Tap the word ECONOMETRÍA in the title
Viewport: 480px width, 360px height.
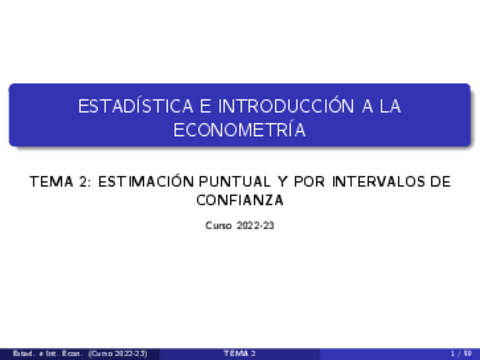(240, 129)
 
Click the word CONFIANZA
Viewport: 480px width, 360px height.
(240, 201)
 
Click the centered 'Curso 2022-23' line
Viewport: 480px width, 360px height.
(240, 227)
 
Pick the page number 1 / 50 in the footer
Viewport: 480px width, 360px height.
(460, 354)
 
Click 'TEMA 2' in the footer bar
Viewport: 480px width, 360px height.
(240, 354)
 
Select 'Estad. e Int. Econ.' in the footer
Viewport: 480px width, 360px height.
(42, 354)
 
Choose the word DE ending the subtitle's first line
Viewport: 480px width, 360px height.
(439, 183)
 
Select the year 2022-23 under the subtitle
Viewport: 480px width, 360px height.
(255, 227)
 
